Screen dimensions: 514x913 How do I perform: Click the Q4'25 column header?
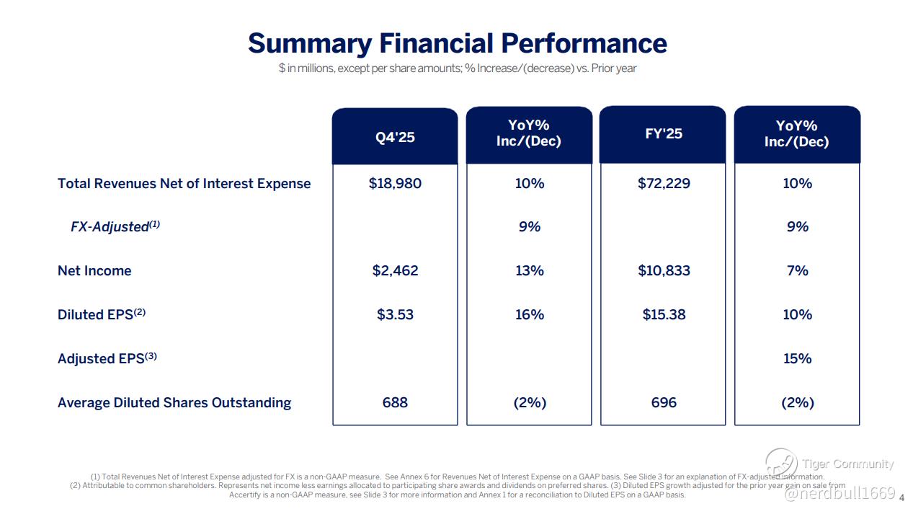pos(395,137)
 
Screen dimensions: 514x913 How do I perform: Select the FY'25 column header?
pos(664,134)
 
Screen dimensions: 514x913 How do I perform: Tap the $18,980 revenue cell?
pos(395,183)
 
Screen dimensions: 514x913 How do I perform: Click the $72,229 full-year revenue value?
pos(664,183)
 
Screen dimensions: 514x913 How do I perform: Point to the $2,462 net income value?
pos(395,270)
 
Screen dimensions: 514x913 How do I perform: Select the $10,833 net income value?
pos(664,270)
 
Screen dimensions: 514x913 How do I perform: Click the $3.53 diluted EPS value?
pos(395,314)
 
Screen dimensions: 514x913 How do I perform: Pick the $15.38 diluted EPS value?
pos(664,314)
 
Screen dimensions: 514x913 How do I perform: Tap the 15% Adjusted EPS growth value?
pos(797,358)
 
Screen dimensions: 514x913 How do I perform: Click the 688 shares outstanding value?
pos(395,402)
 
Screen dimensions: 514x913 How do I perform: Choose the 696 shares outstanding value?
pos(664,402)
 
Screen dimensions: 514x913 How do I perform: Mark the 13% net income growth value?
pos(529,270)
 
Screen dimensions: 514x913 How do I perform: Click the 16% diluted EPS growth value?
pos(529,314)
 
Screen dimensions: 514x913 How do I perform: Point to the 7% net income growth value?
pos(797,270)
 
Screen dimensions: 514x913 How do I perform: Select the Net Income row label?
pos(94,270)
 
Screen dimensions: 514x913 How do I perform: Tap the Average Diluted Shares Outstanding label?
pos(174,402)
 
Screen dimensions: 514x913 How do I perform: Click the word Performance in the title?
pos(584,43)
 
